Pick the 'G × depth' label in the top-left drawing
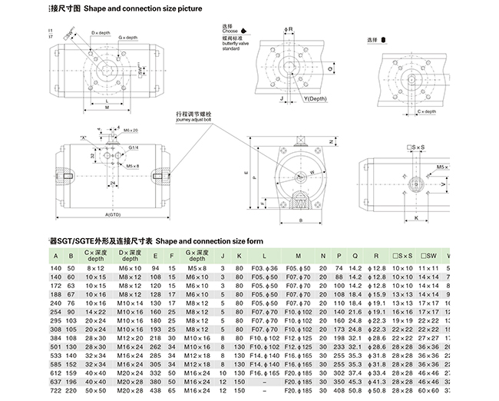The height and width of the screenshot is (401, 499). coord(127,38)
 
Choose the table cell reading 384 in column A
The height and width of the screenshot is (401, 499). coord(55,338)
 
